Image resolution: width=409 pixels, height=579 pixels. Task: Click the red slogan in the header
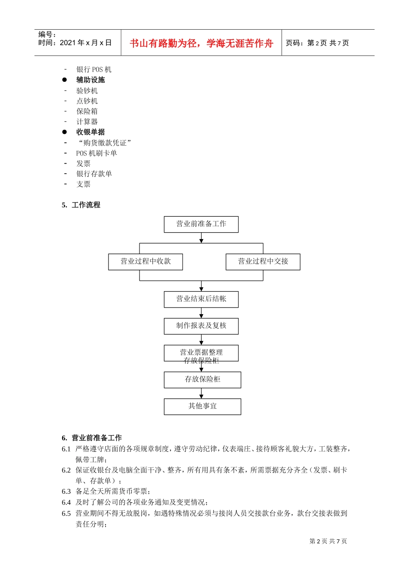(x=201, y=43)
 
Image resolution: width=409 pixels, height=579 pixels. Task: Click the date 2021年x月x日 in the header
(x=86, y=43)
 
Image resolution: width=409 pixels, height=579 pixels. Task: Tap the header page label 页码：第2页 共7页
(x=317, y=43)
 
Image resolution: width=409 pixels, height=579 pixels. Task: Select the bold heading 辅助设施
(x=90, y=80)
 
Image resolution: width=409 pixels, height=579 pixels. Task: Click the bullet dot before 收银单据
(x=65, y=132)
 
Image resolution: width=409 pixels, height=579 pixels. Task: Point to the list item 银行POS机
(x=94, y=69)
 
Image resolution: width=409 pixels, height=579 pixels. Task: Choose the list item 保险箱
(x=87, y=111)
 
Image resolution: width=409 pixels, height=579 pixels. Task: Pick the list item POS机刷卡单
(x=96, y=153)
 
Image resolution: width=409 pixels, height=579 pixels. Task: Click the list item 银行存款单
(x=94, y=174)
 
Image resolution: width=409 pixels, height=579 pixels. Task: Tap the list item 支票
(x=84, y=184)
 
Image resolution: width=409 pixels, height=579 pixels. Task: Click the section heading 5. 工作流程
(x=81, y=205)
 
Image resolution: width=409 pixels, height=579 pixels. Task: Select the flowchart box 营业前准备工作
(x=201, y=224)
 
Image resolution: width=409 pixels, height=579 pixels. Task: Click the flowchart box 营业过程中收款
(x=146, y=261)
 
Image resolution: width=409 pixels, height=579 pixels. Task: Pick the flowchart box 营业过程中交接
(x=263, y=261)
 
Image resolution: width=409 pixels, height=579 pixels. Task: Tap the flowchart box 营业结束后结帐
(x=201, y=299)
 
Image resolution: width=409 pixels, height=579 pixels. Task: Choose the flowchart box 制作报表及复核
(x=201, y=326)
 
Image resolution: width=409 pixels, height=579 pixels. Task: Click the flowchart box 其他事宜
(x=202, y=406)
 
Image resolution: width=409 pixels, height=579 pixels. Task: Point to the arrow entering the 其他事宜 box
(x=201, y=394)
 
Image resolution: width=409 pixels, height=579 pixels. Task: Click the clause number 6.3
(x=66, y=492)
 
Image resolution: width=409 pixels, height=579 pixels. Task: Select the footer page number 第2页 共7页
(x=328, y=541)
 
